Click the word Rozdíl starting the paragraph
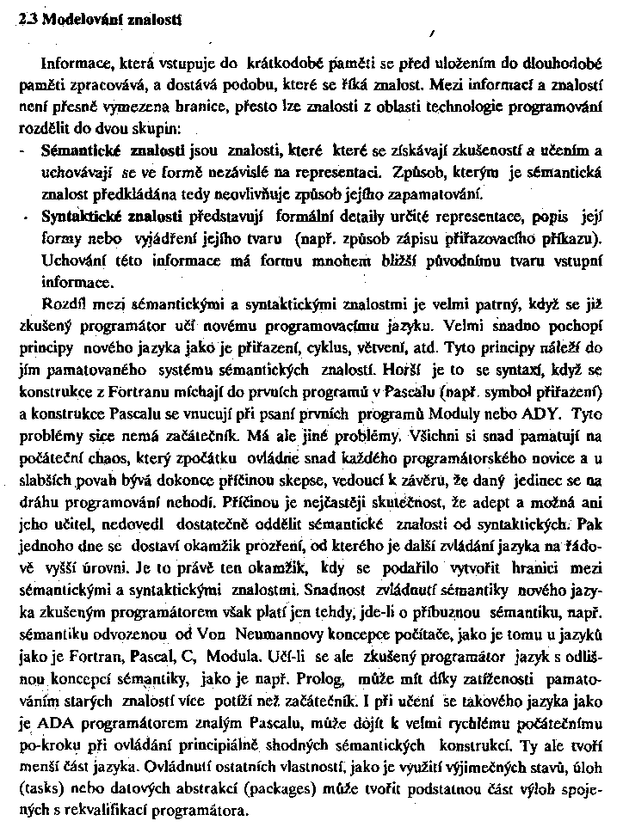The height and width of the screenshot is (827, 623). point(62,303)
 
